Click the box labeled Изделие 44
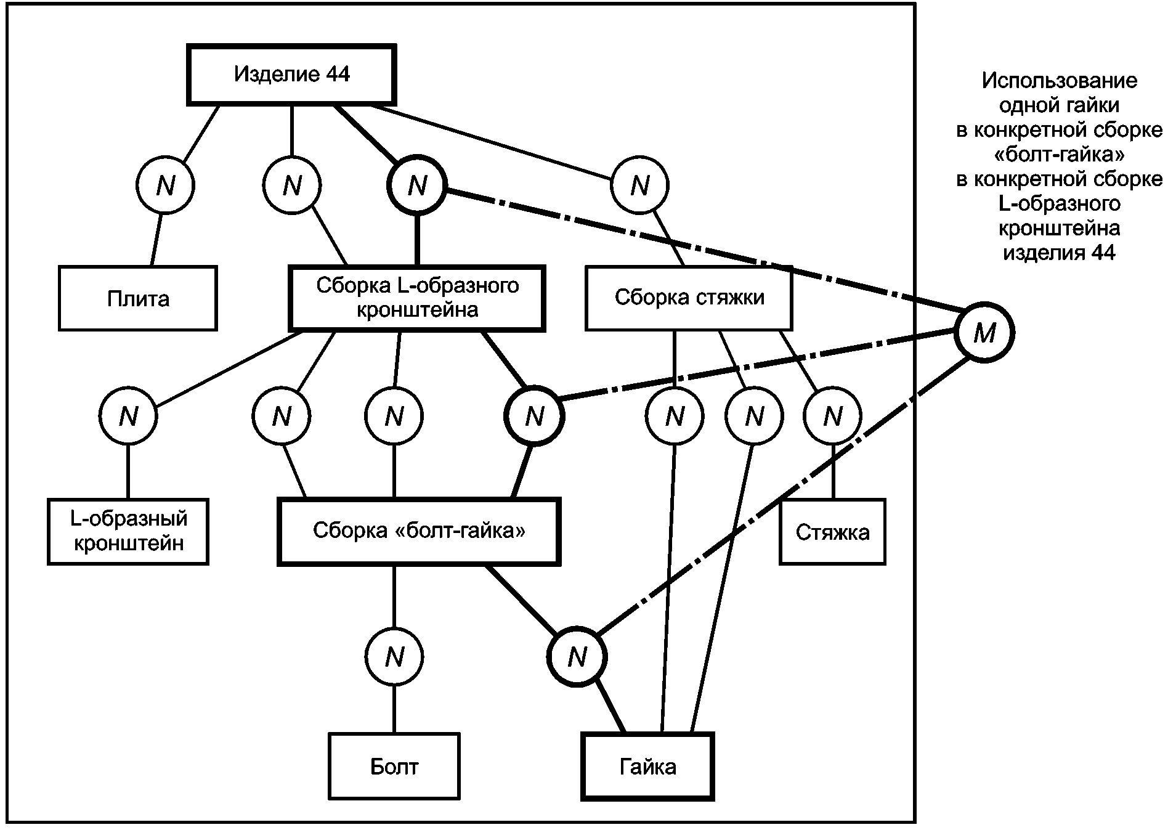pos(291,75)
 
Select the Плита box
pos(138,298)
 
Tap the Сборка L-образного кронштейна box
pos(417,298)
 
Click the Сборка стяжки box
pos(689,298)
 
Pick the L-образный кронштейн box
pos(128,532)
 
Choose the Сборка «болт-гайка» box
pos(419,532)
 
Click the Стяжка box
pos(832,532)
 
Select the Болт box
pos(394,766)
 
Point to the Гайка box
pos(648,766)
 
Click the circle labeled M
pos(984,333)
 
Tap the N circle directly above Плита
pos(165,185)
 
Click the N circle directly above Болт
pos(394,657)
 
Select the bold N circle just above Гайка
pos(577,657)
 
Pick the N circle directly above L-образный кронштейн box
pos(128,417)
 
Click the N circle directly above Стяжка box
pos(832,417)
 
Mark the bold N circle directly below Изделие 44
pos(417,185)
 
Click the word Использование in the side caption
pos(1059,81)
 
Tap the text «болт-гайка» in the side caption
pos(1059,154)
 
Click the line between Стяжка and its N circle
pos(832,473)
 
